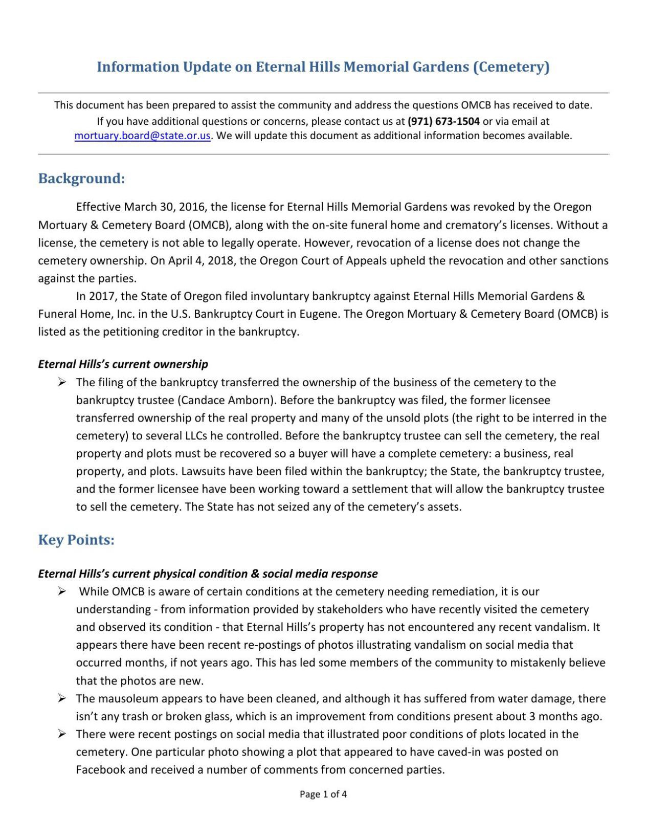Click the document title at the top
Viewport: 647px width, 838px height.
(323, 67)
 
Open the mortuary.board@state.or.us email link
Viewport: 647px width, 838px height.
(142, 136)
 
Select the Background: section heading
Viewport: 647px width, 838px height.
(81, 179)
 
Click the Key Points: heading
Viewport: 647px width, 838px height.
(76, 540)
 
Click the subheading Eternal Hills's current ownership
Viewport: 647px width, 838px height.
(123, 364)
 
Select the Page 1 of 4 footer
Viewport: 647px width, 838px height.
(323, 794)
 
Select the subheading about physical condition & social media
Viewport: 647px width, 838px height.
(208, 574)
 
